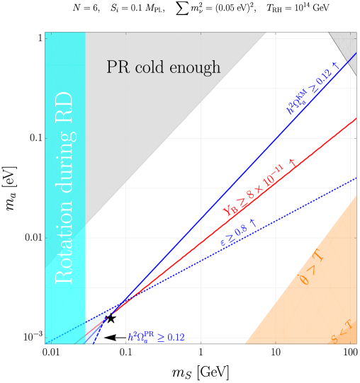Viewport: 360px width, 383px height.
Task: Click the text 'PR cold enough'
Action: click(x=163, y=68)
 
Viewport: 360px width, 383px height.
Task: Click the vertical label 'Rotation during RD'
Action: click(x=64, y=188)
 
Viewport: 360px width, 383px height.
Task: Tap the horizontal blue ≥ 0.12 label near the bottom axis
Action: click(x=156, y=337)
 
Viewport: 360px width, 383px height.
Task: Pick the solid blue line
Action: click(x=213, y=205)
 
